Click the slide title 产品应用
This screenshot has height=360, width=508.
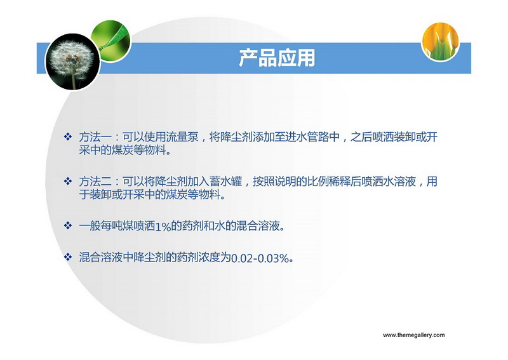point(277,58)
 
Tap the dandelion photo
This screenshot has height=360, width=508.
point(72,62)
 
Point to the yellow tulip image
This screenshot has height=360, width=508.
point(440,41)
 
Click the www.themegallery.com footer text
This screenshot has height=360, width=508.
point(414,335)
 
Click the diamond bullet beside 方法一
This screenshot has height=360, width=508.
point(68,137)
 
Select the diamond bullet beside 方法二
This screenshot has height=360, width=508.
point(68,181)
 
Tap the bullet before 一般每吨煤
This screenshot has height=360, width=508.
point(68,225)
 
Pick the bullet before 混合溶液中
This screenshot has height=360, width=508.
point(68,257)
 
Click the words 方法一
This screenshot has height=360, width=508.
point(95,137)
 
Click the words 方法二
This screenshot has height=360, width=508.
point(95,182)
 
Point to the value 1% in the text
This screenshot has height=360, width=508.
point(163,227)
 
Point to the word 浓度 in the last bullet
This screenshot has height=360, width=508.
point(209,258)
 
